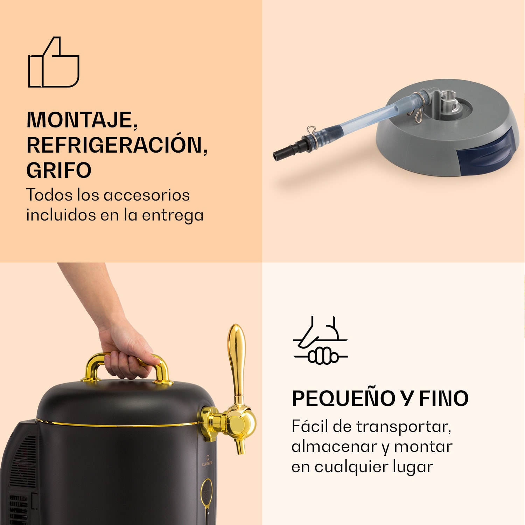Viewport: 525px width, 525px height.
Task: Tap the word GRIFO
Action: pos(59,170)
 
